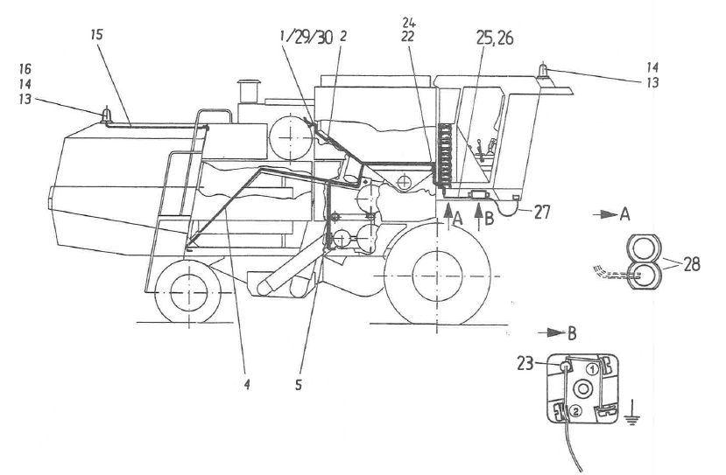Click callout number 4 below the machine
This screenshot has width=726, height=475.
(246, 385)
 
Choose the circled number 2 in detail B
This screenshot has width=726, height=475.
(574, 409)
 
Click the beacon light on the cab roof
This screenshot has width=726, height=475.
(544, 69)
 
